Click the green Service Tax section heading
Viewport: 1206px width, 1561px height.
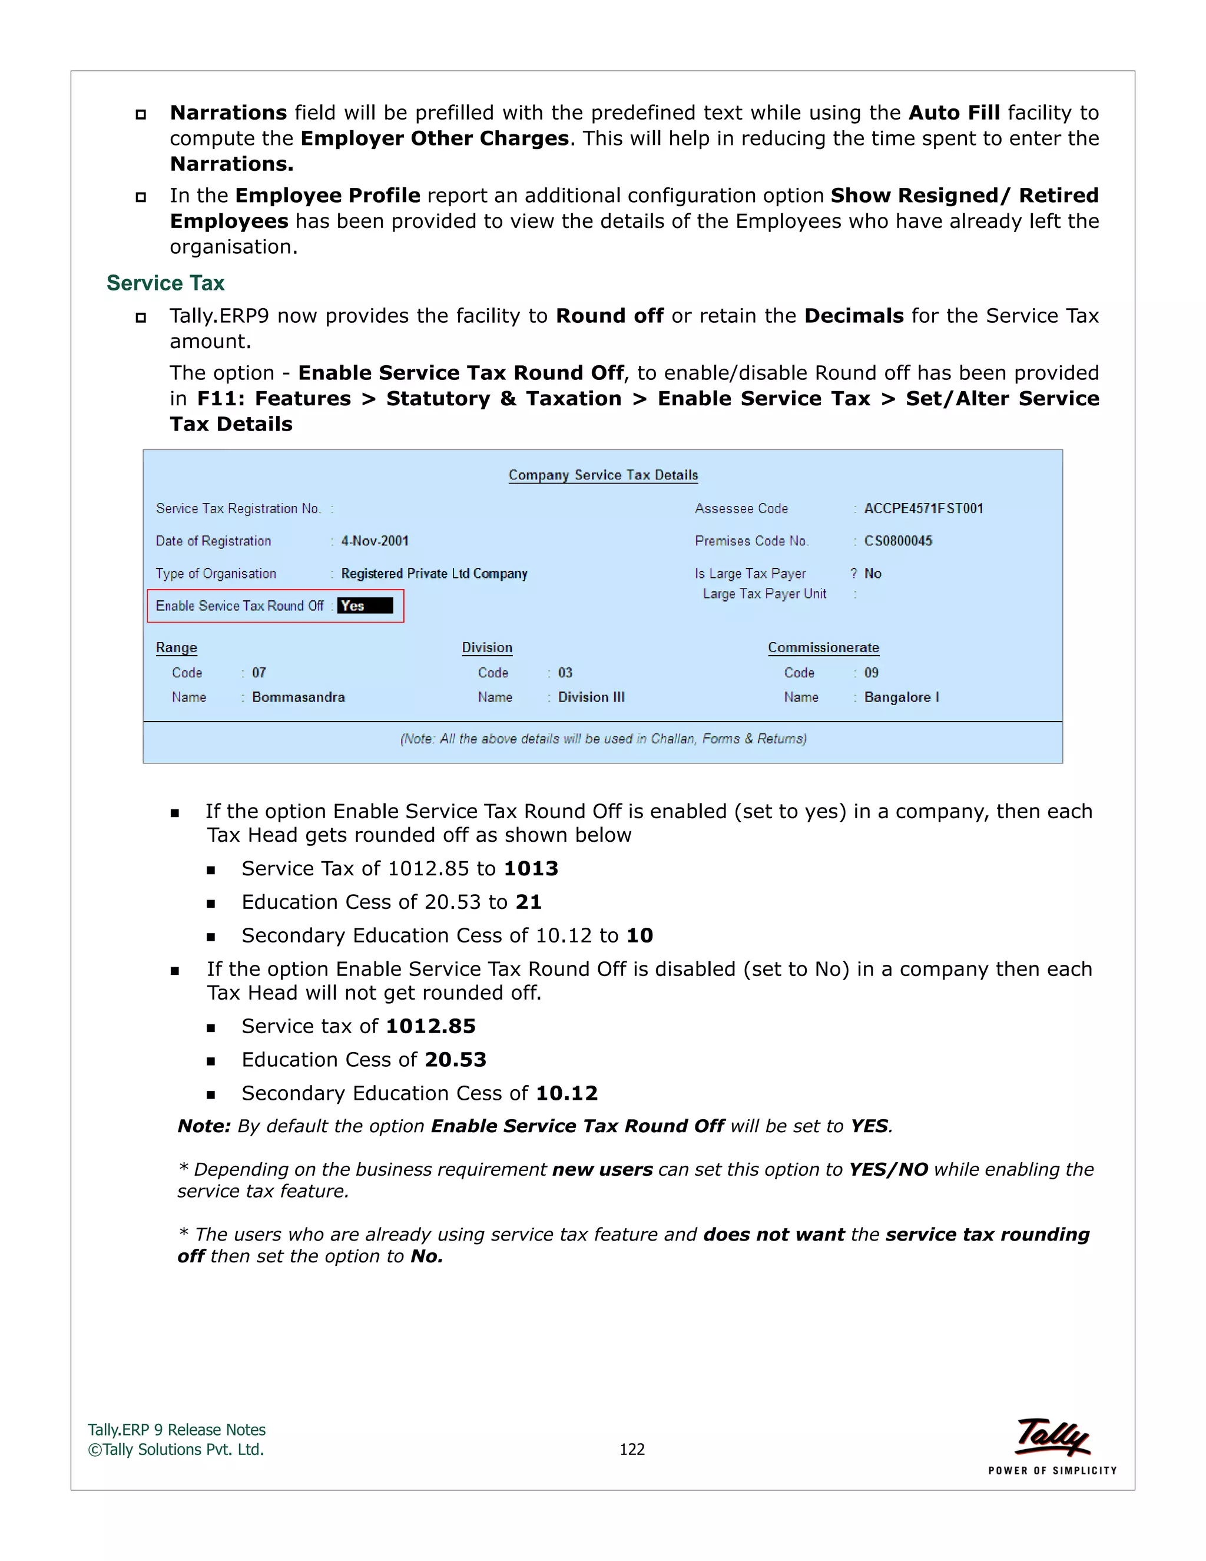(x=165, y=283)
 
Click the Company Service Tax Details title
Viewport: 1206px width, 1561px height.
(x=603, y=475)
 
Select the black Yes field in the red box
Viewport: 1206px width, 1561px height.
(x=365, y=606)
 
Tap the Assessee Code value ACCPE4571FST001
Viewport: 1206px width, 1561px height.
(x=923, y=508)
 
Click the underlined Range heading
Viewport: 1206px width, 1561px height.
(x=177, y=647)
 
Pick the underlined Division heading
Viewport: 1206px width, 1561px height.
(x=486, y=647)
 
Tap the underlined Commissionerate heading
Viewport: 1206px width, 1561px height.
(x=823, y=647)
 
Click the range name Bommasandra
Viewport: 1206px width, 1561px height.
(x=298, y=697)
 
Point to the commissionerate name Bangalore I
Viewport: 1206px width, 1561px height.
(x=901, y=697)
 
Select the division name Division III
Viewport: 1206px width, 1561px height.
(x=591, y=697)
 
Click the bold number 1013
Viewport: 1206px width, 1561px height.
(x=531, y=868)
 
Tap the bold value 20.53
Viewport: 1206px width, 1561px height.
(x=455, y=1059)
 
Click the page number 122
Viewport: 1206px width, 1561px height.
(x=632, y=1449)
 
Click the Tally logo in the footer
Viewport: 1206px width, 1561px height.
(x=1052, y=1437)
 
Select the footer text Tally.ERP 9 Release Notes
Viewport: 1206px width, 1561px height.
(x=177, y=1430)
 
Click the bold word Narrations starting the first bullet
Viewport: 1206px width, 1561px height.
(x=228, y=113)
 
